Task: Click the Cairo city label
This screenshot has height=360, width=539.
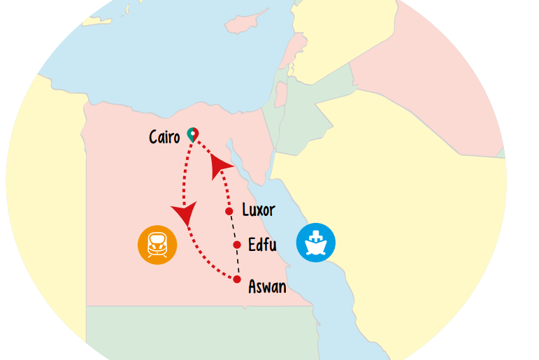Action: point(164,137)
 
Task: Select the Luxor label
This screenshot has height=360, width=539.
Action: point(258,210)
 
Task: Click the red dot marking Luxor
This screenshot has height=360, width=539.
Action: point(229,211)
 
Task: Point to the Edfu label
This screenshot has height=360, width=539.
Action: point(262,245)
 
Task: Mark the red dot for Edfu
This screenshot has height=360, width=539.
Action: point(237,245)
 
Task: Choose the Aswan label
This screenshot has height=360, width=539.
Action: point(267,287)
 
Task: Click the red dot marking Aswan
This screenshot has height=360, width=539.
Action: point(236,280)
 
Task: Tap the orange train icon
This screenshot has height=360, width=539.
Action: point(157,245)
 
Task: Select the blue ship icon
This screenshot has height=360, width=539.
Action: point(316,243)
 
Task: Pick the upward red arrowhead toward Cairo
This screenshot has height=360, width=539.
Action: point(220,164)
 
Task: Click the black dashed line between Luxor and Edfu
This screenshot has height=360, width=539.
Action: point(233,228)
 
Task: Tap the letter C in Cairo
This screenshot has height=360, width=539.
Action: point(154,137)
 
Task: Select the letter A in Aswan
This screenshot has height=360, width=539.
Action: point(253,287)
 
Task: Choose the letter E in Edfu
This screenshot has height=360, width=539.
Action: point(252,245)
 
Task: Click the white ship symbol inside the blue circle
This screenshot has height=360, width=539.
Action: point(316,243)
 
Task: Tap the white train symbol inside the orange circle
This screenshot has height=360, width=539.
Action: point(157,245)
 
